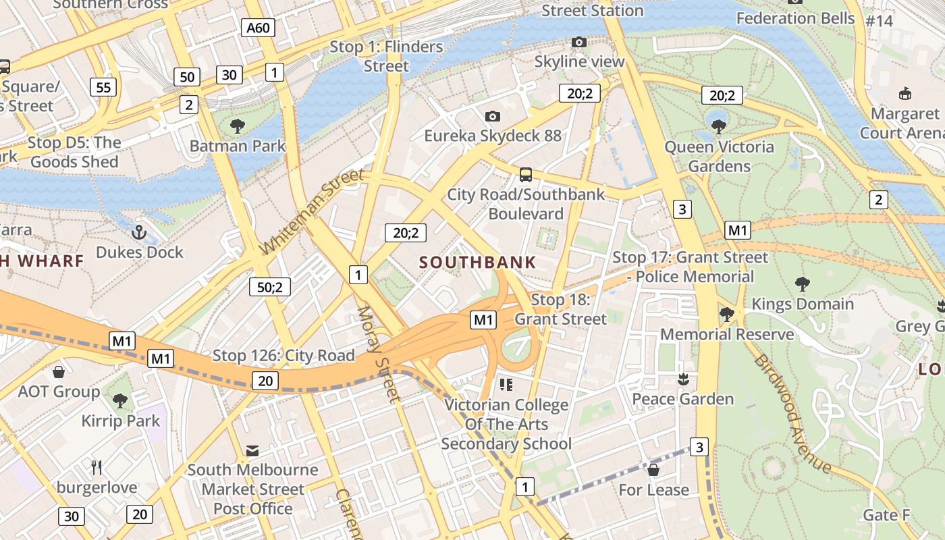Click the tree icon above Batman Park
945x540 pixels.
tap(237, 126)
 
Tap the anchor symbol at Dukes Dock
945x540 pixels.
tap(138, 233)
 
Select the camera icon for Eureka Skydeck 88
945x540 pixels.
tap(493, 116)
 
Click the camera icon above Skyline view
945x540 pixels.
tap(578, 43)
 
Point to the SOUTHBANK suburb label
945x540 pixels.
tap(478, 263)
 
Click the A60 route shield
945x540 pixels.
tap(258, 28)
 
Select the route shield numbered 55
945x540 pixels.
tap(103, 87)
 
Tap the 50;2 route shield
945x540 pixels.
tap(269, 287)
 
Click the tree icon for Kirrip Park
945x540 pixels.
tap(120, 401)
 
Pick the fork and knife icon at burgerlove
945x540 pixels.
tap(97, 467)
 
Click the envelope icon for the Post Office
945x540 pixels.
tap(252, 450)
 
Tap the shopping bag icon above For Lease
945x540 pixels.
tap(653, 470)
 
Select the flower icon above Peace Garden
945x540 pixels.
tap(683, 379)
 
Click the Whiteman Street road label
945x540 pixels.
tap(311, 213)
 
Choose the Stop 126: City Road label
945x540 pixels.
tap(283, 356)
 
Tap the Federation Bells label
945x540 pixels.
tap(795, 18)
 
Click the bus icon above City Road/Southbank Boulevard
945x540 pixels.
tap(526, 175)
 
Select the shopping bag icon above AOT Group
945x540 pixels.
tap(59, 372)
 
